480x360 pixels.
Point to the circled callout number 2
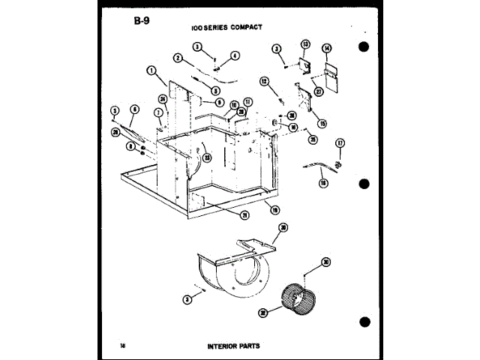click(178, 58)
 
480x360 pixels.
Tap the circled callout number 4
click(235, 55)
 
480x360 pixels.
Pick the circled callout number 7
click(157, 112)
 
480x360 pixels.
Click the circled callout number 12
click(264, 80)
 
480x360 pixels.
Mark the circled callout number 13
click(305, 44)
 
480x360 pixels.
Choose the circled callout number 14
click(326, 49)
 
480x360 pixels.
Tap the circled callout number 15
click(322, 123)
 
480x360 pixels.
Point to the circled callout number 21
click(244, 214)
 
